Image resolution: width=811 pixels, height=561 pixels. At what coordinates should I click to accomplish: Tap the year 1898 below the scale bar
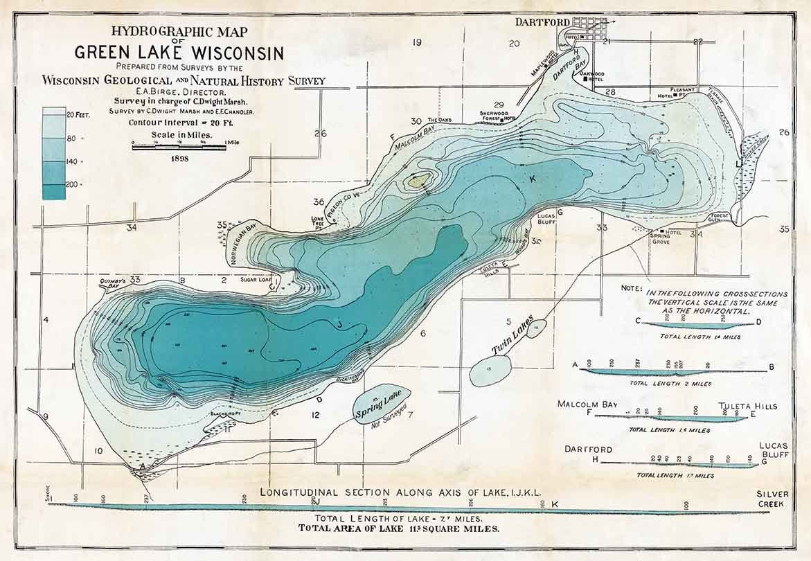pos(178,158)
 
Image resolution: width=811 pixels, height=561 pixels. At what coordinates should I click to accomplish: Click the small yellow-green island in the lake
pos(420,182)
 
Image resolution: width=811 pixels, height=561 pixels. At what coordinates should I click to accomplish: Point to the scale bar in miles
pos(179,146)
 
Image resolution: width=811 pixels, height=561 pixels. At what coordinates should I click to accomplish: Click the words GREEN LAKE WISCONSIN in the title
pos(179,53)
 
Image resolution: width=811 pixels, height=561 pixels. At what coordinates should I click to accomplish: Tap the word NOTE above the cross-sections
pos(632,287)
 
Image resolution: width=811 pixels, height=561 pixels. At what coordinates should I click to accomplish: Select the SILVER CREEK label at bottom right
pos(772,499)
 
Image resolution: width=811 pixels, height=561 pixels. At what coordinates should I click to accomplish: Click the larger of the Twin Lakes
pos(490,370)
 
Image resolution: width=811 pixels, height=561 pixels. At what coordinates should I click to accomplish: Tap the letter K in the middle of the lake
pos(533,179)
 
